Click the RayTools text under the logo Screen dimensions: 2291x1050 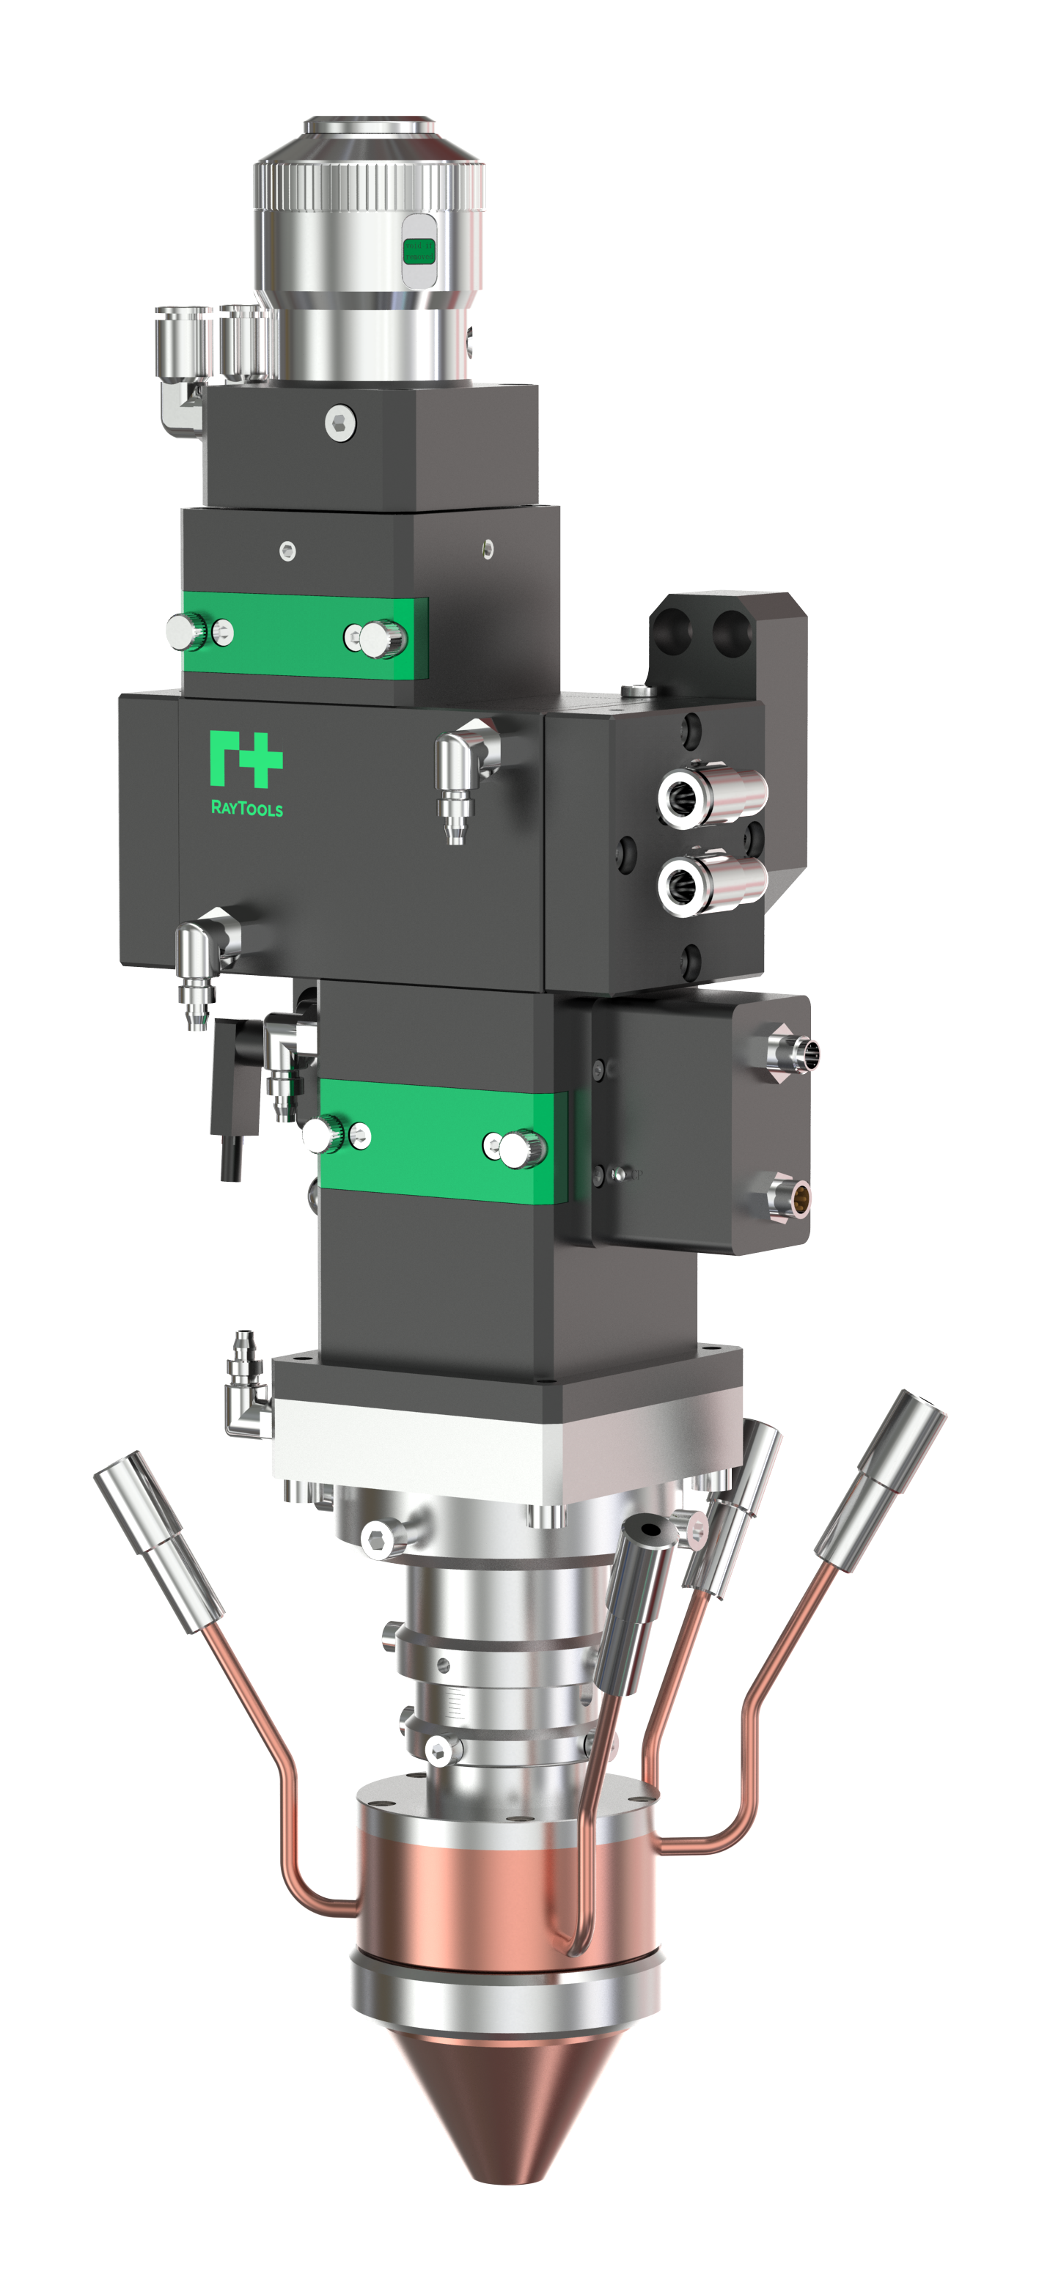246,809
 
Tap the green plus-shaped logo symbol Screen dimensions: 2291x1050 246,759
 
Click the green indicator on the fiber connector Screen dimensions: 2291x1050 416,251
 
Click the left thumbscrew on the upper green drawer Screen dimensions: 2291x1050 188,630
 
